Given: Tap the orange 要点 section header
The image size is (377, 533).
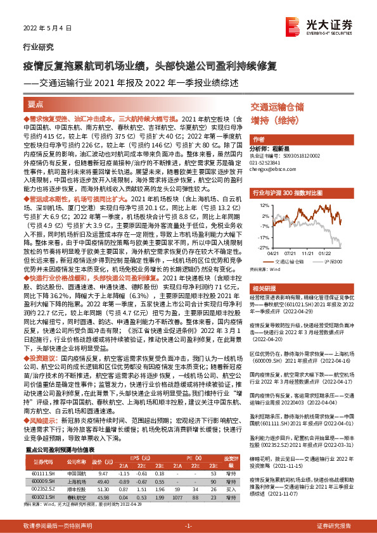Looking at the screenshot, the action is pos(35,105).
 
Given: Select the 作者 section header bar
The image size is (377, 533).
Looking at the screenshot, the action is pos(259,139).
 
